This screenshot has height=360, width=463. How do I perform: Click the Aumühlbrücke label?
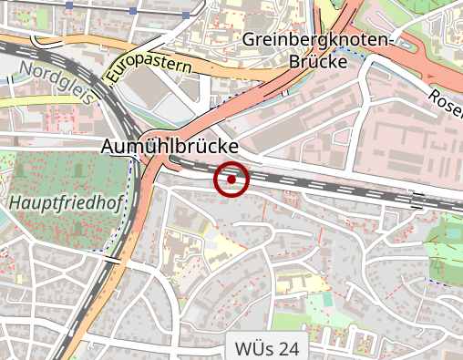coord(171,147)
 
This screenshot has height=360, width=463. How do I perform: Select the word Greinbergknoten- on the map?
coord(317,41)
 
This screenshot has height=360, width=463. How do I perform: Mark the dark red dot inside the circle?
coord(231,180)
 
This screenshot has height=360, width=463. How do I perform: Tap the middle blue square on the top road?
coord(133,12)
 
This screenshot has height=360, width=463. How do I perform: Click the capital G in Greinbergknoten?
coord(250,41)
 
